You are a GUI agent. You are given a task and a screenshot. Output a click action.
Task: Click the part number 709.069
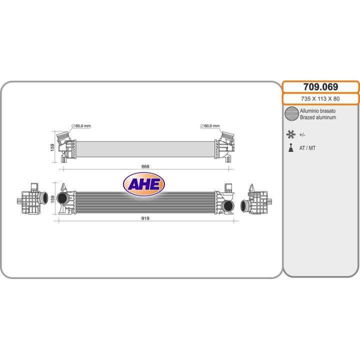[320, 87]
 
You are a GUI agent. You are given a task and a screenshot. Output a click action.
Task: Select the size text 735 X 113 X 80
[320, 98]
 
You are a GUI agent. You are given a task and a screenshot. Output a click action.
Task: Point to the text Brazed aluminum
[317, 117]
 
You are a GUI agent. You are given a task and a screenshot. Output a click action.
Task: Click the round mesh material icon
[291, 114]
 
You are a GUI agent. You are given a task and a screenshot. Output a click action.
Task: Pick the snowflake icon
[290, 134]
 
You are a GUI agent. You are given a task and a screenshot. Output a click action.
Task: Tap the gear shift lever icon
[290, 148]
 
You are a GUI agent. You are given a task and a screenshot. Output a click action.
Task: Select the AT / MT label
[307, 148]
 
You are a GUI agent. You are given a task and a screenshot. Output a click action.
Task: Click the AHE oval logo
[144, 185]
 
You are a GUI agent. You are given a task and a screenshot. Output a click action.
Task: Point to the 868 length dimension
[145, 166]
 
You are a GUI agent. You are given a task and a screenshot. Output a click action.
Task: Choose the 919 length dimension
[145, 218]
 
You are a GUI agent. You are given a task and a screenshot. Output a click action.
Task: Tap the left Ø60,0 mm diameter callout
[81, 126]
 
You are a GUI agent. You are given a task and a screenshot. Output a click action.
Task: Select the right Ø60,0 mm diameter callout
[209, 126]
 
